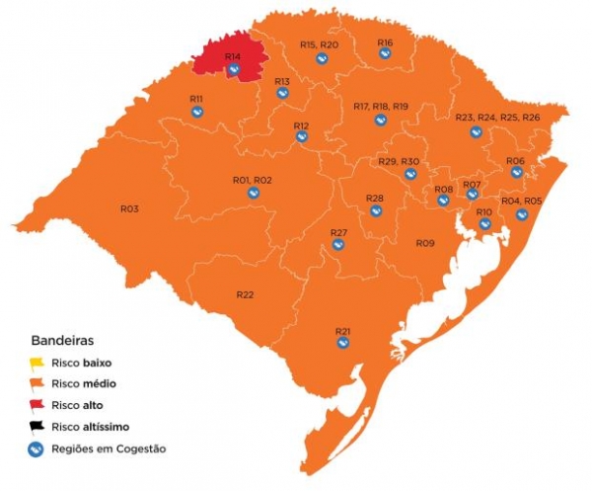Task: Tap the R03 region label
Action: pyautogui.click(x=129, y=208)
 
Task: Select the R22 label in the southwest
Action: pyautogui.click(x=245, y=295)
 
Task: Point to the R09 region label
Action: pyautogui.click(x=424, y=243)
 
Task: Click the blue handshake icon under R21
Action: pyautogui.click(x=342, y=343)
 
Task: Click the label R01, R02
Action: pyautogui.click(x=252, y=181)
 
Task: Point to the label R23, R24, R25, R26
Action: pyautogui.click(x=497, y=119)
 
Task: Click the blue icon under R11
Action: pyautogui.click(x=196, y=112)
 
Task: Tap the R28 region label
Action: pyautogui.click(x=375, y=199)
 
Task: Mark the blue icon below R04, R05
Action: pyautogui.click(x=522, y=214)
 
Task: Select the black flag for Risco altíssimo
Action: pyautogui.click(x=37, y=427)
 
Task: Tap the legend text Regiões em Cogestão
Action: pyautogui.click(x=110, y=449)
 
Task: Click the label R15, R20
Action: pyautogui.click(x=319, y=45)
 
